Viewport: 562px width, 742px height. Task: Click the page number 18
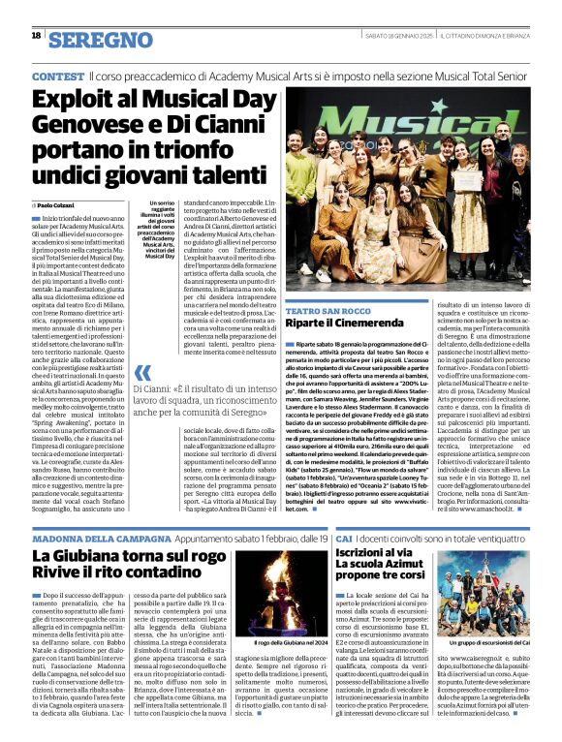pyautogui.click(x=37, y=36)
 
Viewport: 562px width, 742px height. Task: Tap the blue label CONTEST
pyautogui.click(x=57, y=76)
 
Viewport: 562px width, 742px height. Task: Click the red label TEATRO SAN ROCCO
pyautogui.click(x=323, y=311)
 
